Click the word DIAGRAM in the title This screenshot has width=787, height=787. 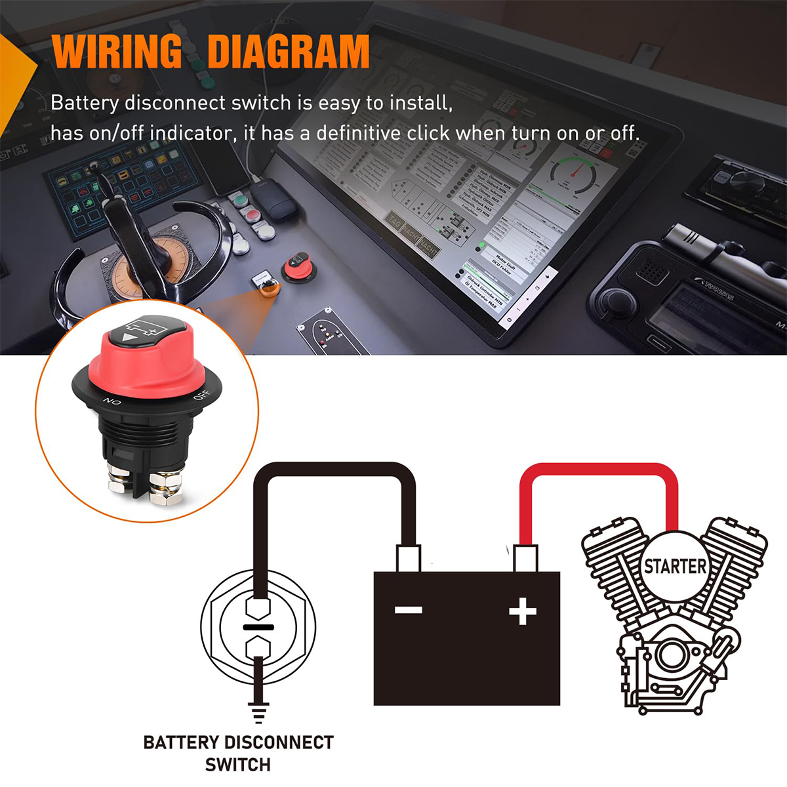289,52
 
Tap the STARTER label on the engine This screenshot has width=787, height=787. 675,566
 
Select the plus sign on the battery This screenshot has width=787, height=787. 523,612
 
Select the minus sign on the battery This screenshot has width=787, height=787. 408,611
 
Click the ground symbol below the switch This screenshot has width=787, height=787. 258,711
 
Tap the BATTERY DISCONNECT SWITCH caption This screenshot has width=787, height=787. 238,753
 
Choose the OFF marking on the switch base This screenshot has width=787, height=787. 201,395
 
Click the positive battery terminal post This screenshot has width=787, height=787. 525,559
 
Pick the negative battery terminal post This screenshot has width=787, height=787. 408,559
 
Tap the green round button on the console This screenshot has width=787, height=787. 238,199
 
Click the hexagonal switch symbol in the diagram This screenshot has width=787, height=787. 258,627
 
